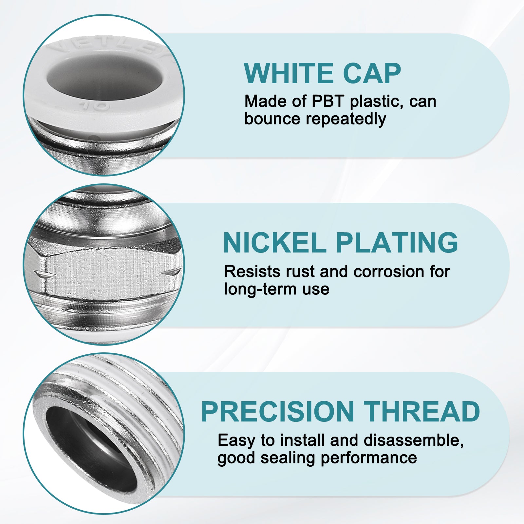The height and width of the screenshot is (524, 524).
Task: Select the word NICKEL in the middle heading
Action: tap(274, 243)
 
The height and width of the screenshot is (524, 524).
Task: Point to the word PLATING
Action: tap(397, 243)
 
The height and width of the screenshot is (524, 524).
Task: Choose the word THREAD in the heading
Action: tap(422, 412)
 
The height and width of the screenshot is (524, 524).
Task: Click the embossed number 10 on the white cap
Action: tap(94, 106)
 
